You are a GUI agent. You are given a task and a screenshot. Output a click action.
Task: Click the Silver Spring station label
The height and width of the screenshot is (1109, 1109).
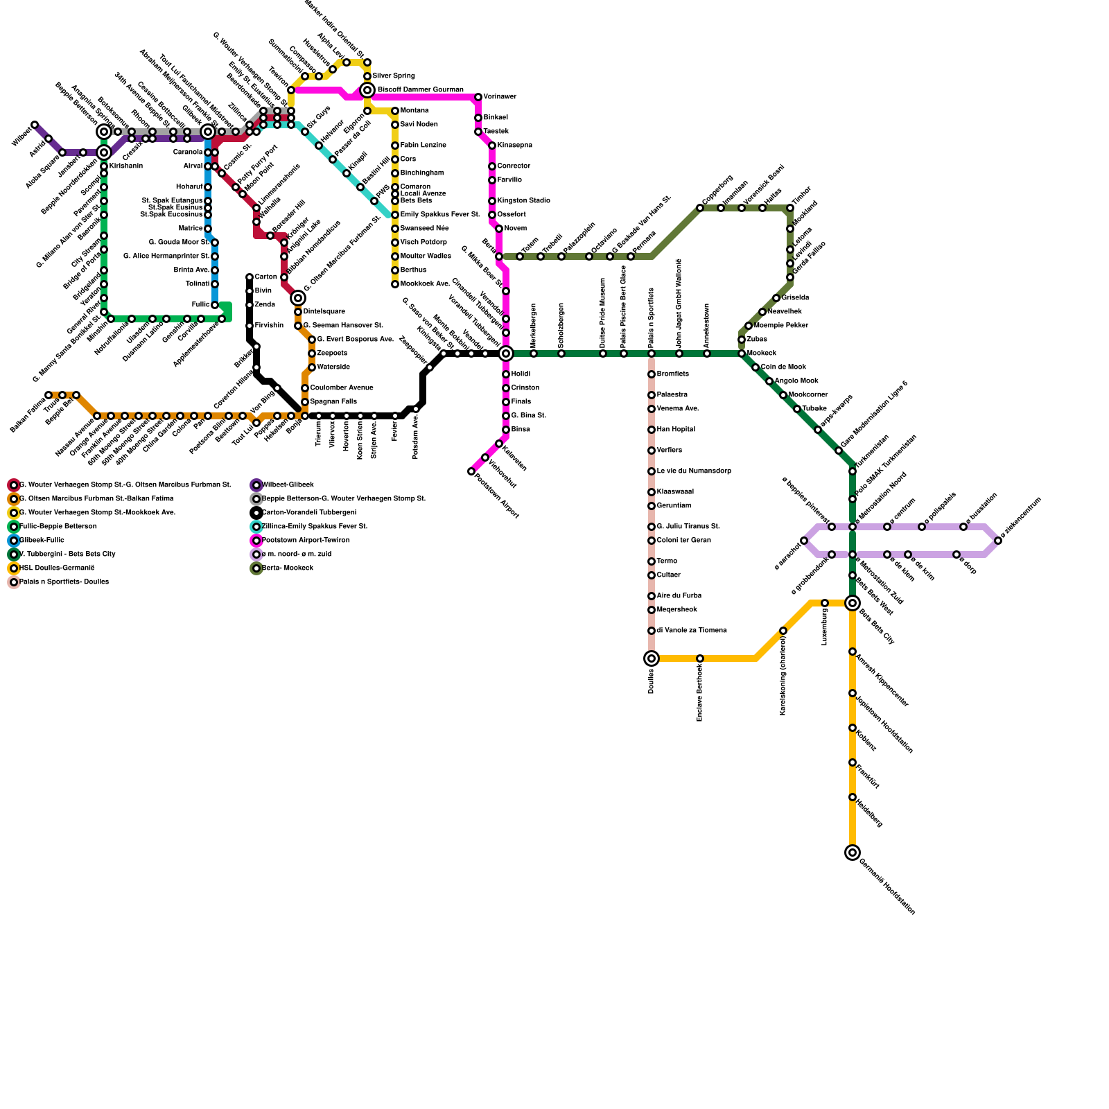tap(394, 76)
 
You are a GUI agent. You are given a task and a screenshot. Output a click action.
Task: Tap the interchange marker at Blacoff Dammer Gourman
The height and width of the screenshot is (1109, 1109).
tap(367, 90)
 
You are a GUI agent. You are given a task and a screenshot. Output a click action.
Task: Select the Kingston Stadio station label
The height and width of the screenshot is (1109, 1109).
tap(523, 200)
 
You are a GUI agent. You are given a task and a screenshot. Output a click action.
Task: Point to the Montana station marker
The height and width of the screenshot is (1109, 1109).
tap(395, 111)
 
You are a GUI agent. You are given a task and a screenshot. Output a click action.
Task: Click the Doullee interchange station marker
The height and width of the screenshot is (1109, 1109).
tap(652, 658)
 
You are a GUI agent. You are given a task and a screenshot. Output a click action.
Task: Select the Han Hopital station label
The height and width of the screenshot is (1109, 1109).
tap(676, 429)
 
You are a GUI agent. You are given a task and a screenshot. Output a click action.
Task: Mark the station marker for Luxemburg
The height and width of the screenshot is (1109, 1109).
tap(825, 603)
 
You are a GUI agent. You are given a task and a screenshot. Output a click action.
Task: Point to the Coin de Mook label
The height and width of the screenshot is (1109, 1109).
tap(783, 367)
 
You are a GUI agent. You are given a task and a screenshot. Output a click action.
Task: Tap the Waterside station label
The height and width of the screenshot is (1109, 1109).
tap(333, 367)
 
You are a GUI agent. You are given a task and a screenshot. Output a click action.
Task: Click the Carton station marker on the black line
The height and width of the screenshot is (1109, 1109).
tap(250, 277)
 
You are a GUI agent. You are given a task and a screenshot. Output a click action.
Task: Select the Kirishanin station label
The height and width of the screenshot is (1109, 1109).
tap(125, 166)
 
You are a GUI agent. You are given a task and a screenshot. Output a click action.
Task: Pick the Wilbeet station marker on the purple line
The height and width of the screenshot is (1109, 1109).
tap(35, 125)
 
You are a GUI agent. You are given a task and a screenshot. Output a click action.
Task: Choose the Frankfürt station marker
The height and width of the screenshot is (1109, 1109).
tap(853, 762)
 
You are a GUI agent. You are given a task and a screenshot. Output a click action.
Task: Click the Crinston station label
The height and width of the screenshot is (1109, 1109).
tap(525, 387)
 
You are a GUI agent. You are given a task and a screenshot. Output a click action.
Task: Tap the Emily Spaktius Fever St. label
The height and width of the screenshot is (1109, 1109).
tap(439, 214)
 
